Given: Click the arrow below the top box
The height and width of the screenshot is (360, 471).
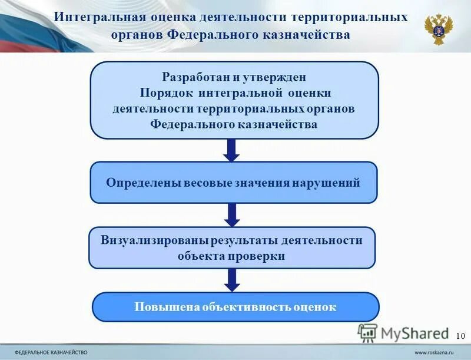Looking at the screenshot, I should [x=233, y=150].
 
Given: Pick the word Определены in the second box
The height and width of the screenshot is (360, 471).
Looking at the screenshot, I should [x=139, y=183].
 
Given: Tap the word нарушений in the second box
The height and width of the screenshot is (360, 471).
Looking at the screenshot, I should [x=333, y=183].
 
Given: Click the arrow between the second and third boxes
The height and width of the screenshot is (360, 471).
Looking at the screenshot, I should [x=233, y=215].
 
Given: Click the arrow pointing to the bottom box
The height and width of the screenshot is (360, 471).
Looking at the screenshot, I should [x=233, y=280].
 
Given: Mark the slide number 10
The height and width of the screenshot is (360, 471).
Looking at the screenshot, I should [x=460, y=335].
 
